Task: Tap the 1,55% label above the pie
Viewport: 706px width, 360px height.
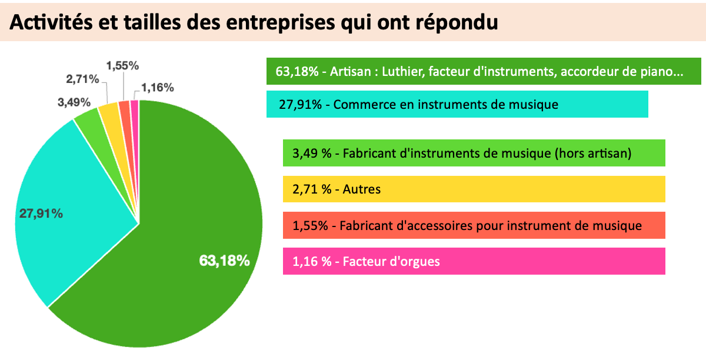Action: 122,65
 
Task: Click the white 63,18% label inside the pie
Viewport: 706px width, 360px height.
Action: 225,261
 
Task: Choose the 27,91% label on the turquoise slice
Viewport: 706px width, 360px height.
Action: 41,214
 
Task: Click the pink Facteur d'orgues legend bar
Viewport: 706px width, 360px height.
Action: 474,261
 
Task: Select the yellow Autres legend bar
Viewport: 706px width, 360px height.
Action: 474,189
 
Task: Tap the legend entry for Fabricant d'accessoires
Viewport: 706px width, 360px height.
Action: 474,225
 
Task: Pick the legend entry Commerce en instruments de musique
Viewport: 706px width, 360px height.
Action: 457,104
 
